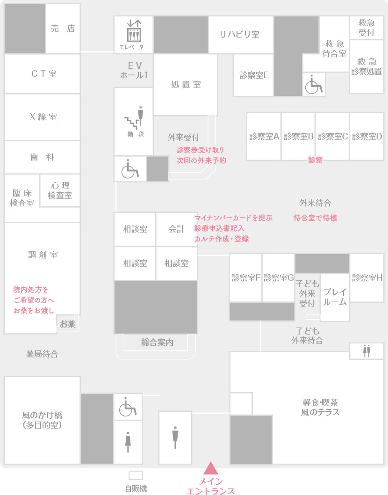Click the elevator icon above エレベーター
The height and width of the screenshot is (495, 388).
point(134,31)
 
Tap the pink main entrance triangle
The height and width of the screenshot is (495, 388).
point(211,468)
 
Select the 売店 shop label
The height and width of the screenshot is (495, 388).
point(63,29)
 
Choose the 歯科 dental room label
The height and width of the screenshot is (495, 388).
point(42,158)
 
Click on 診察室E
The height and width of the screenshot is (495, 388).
point(254,75)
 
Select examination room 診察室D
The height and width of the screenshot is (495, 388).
point(367,137)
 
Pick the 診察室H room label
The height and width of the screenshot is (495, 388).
point(367,277)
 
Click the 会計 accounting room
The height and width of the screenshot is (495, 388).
point(177,229)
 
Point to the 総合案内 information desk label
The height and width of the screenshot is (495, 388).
point(157,342)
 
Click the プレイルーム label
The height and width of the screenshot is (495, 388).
point(335,297)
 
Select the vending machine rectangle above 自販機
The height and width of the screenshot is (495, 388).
point(136,475)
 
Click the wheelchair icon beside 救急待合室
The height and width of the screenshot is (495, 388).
point(314,85)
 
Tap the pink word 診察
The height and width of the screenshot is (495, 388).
point(315,160)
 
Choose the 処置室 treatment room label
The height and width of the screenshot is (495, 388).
point(186,85)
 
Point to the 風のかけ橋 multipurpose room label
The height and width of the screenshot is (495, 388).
point(42,420)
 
